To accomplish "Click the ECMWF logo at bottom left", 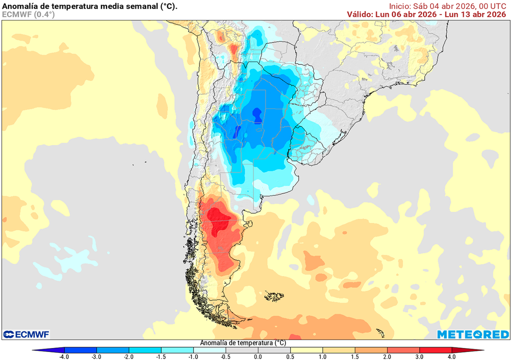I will pos(25,334).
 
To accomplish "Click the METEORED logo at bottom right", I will pos(472,334).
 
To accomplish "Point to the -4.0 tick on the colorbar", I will pos(64,356).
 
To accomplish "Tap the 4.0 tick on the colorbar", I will pos(451,356).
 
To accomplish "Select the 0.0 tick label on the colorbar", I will pos(257,356).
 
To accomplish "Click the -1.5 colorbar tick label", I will pos(161,356).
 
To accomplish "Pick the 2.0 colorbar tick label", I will pos(387,356).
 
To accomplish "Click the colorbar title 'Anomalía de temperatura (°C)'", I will pos(243,343).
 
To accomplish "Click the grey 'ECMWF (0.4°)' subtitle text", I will pos(28,14).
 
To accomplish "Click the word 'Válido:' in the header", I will pos(360,14).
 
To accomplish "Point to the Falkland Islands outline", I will pos(274,296).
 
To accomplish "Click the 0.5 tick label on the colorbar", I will pos(290,356).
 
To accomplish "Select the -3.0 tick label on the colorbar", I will pos(96,356).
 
